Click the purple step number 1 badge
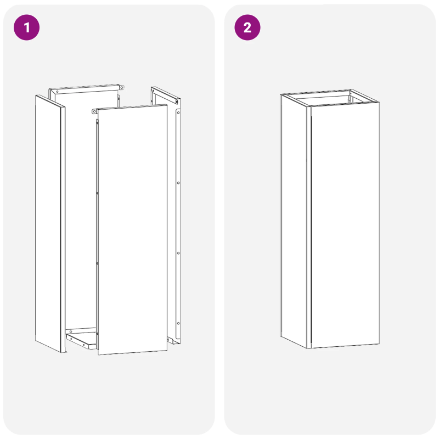tap(26, 27)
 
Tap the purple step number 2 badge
tap(247, 27)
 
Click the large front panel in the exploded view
tap(132, 230)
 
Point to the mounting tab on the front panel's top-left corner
tap(94, 112)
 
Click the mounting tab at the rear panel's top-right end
tap(122, 86)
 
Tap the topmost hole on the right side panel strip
tap(178, 112)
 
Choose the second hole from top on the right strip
tap(178, 183)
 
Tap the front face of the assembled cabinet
tap(345, 225)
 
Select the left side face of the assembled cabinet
tap(295, 219)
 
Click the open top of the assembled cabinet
tap(329, 98)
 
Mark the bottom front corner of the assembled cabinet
tap(310, 347)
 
